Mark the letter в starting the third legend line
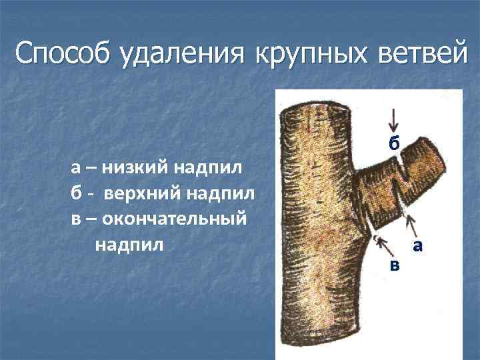click(x=76, y=219)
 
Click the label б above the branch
click(x=395, y=143)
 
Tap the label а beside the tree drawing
click(x=418, y=246)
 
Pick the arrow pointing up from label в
click(x=385, y=245)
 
